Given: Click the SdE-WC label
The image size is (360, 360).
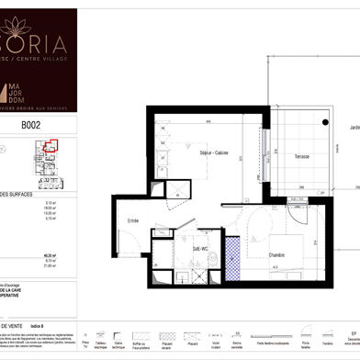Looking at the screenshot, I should pos(199,248).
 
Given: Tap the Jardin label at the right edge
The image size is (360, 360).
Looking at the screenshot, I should pos(354,128).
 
